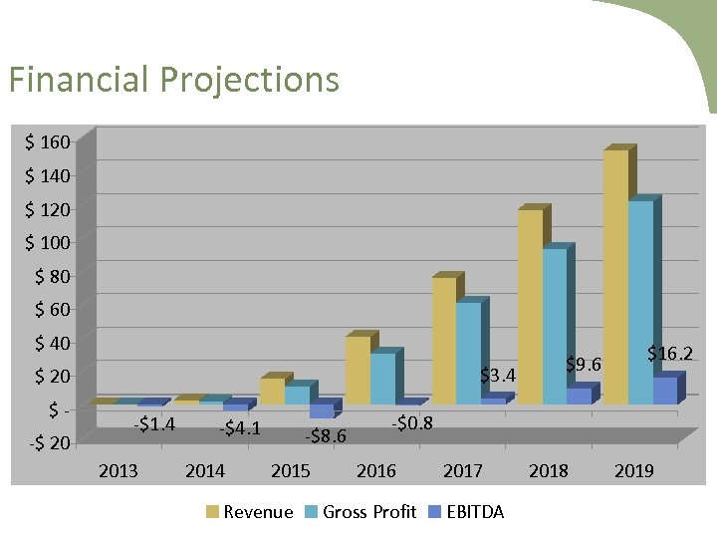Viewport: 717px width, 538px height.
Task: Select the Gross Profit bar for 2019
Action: point(640,303)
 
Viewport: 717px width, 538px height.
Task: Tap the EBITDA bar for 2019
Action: point(664,391)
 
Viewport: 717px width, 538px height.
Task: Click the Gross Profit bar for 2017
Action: point(468,353)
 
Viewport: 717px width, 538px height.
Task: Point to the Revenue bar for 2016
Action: point(358,370)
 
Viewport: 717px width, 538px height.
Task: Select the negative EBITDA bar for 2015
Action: point(322,410)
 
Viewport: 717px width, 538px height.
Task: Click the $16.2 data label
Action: point(669,353)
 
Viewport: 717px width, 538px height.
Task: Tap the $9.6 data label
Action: point(584,365)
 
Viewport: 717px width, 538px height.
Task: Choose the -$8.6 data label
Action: point(326,435)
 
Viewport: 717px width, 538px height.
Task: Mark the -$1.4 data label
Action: point(154,424)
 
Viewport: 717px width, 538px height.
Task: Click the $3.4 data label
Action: point(498,376)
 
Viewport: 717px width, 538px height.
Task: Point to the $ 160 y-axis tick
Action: point(48,142)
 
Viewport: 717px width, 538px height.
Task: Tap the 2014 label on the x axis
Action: point(205,470)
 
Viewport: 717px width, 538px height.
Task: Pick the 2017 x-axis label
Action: point(462,470)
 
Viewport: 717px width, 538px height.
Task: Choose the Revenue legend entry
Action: point(250,512)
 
